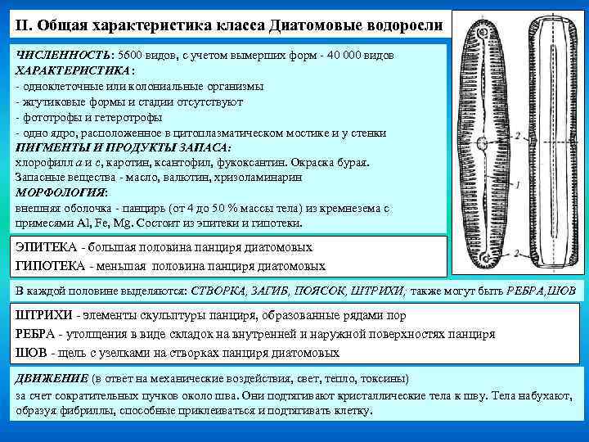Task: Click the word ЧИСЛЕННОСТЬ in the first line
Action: [64, 53]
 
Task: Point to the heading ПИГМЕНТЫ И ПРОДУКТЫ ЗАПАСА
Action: [123, 147]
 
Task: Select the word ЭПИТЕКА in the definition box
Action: [47, 247]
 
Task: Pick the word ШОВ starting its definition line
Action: [31, 352]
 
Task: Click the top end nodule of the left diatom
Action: [483, 33]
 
